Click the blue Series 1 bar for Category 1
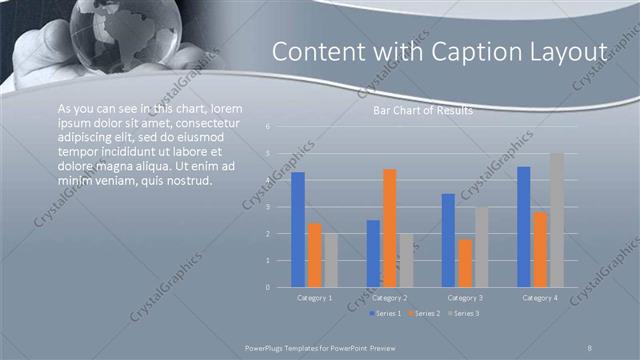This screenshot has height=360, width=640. coord(298,229)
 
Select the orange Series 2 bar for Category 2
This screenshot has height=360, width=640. coord(389,228)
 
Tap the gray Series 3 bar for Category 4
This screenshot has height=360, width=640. coord(557,220)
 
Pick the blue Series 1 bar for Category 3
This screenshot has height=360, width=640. coord(448,240)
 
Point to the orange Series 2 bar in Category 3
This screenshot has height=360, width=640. coord(465,263)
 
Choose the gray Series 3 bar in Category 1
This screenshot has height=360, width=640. coord(331,260)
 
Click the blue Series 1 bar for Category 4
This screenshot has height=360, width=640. coord(523,226)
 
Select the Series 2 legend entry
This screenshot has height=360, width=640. coord(424,313)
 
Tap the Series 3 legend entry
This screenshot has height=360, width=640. coord(462,313)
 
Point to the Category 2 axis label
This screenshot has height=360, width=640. coord(390,298)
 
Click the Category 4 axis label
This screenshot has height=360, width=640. coord(540,298)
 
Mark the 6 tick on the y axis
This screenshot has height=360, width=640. coord(267,127)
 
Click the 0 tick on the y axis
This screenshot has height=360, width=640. coord(267,287)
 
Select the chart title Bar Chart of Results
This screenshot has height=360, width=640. coord(422,111)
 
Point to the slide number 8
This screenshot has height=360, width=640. coord(590,347)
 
